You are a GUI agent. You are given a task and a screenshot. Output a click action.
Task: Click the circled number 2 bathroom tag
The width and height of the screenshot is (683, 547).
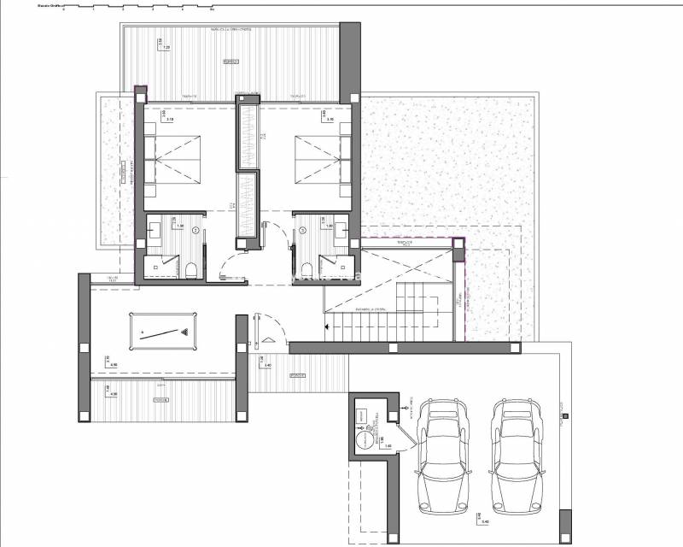tap(196, 231)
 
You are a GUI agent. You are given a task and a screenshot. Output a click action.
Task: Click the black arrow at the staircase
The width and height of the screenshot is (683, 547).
tap(325, 325)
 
